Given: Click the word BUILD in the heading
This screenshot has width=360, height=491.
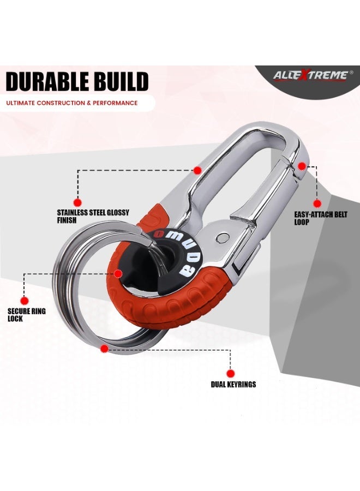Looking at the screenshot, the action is (118, 81).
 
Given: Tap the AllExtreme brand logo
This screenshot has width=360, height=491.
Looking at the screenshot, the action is (310, 75).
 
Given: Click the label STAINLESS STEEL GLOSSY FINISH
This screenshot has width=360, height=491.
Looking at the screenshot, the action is (93, 217).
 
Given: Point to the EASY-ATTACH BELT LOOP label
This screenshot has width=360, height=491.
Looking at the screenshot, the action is (321, 218).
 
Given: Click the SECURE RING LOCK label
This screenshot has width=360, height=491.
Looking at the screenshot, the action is (27, 315).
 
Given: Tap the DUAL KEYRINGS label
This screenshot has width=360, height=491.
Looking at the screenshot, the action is (233, 384).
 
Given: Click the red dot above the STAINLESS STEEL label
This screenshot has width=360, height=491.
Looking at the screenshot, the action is (77, 202).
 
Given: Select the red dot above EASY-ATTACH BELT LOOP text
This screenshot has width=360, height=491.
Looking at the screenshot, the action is (317, 203).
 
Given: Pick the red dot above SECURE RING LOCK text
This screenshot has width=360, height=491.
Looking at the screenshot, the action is (25, 301).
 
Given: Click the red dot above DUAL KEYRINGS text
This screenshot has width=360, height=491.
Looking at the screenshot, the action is (231, 374).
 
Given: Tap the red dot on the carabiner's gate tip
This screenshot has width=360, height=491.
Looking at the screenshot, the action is (302, 166).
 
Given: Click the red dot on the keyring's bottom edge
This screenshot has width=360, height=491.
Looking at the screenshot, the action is (105, 349).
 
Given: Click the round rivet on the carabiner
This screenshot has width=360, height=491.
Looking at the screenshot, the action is (222, 238).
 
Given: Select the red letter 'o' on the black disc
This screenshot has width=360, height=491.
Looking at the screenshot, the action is (160, 233).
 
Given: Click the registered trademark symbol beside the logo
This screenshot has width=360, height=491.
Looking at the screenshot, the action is (351, 72).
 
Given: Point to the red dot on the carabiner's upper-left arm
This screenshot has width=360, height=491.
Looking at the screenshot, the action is (197, 170).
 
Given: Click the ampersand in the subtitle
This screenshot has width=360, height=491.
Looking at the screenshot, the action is (89, 103).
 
